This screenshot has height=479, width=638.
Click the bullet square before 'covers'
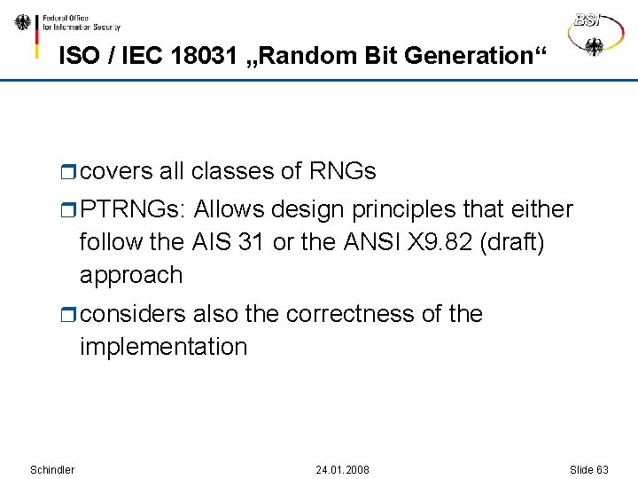[71, 171]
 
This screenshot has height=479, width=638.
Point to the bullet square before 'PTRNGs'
[71, 211]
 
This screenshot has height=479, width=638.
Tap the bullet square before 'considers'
[71, 315]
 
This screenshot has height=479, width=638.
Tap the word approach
[131, 275]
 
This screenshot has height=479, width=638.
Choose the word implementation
[163, 347]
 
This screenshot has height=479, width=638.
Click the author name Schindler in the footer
[52, 469]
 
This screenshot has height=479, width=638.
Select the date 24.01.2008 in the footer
[342, 469]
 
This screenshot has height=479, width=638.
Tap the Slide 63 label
[589, 469]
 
